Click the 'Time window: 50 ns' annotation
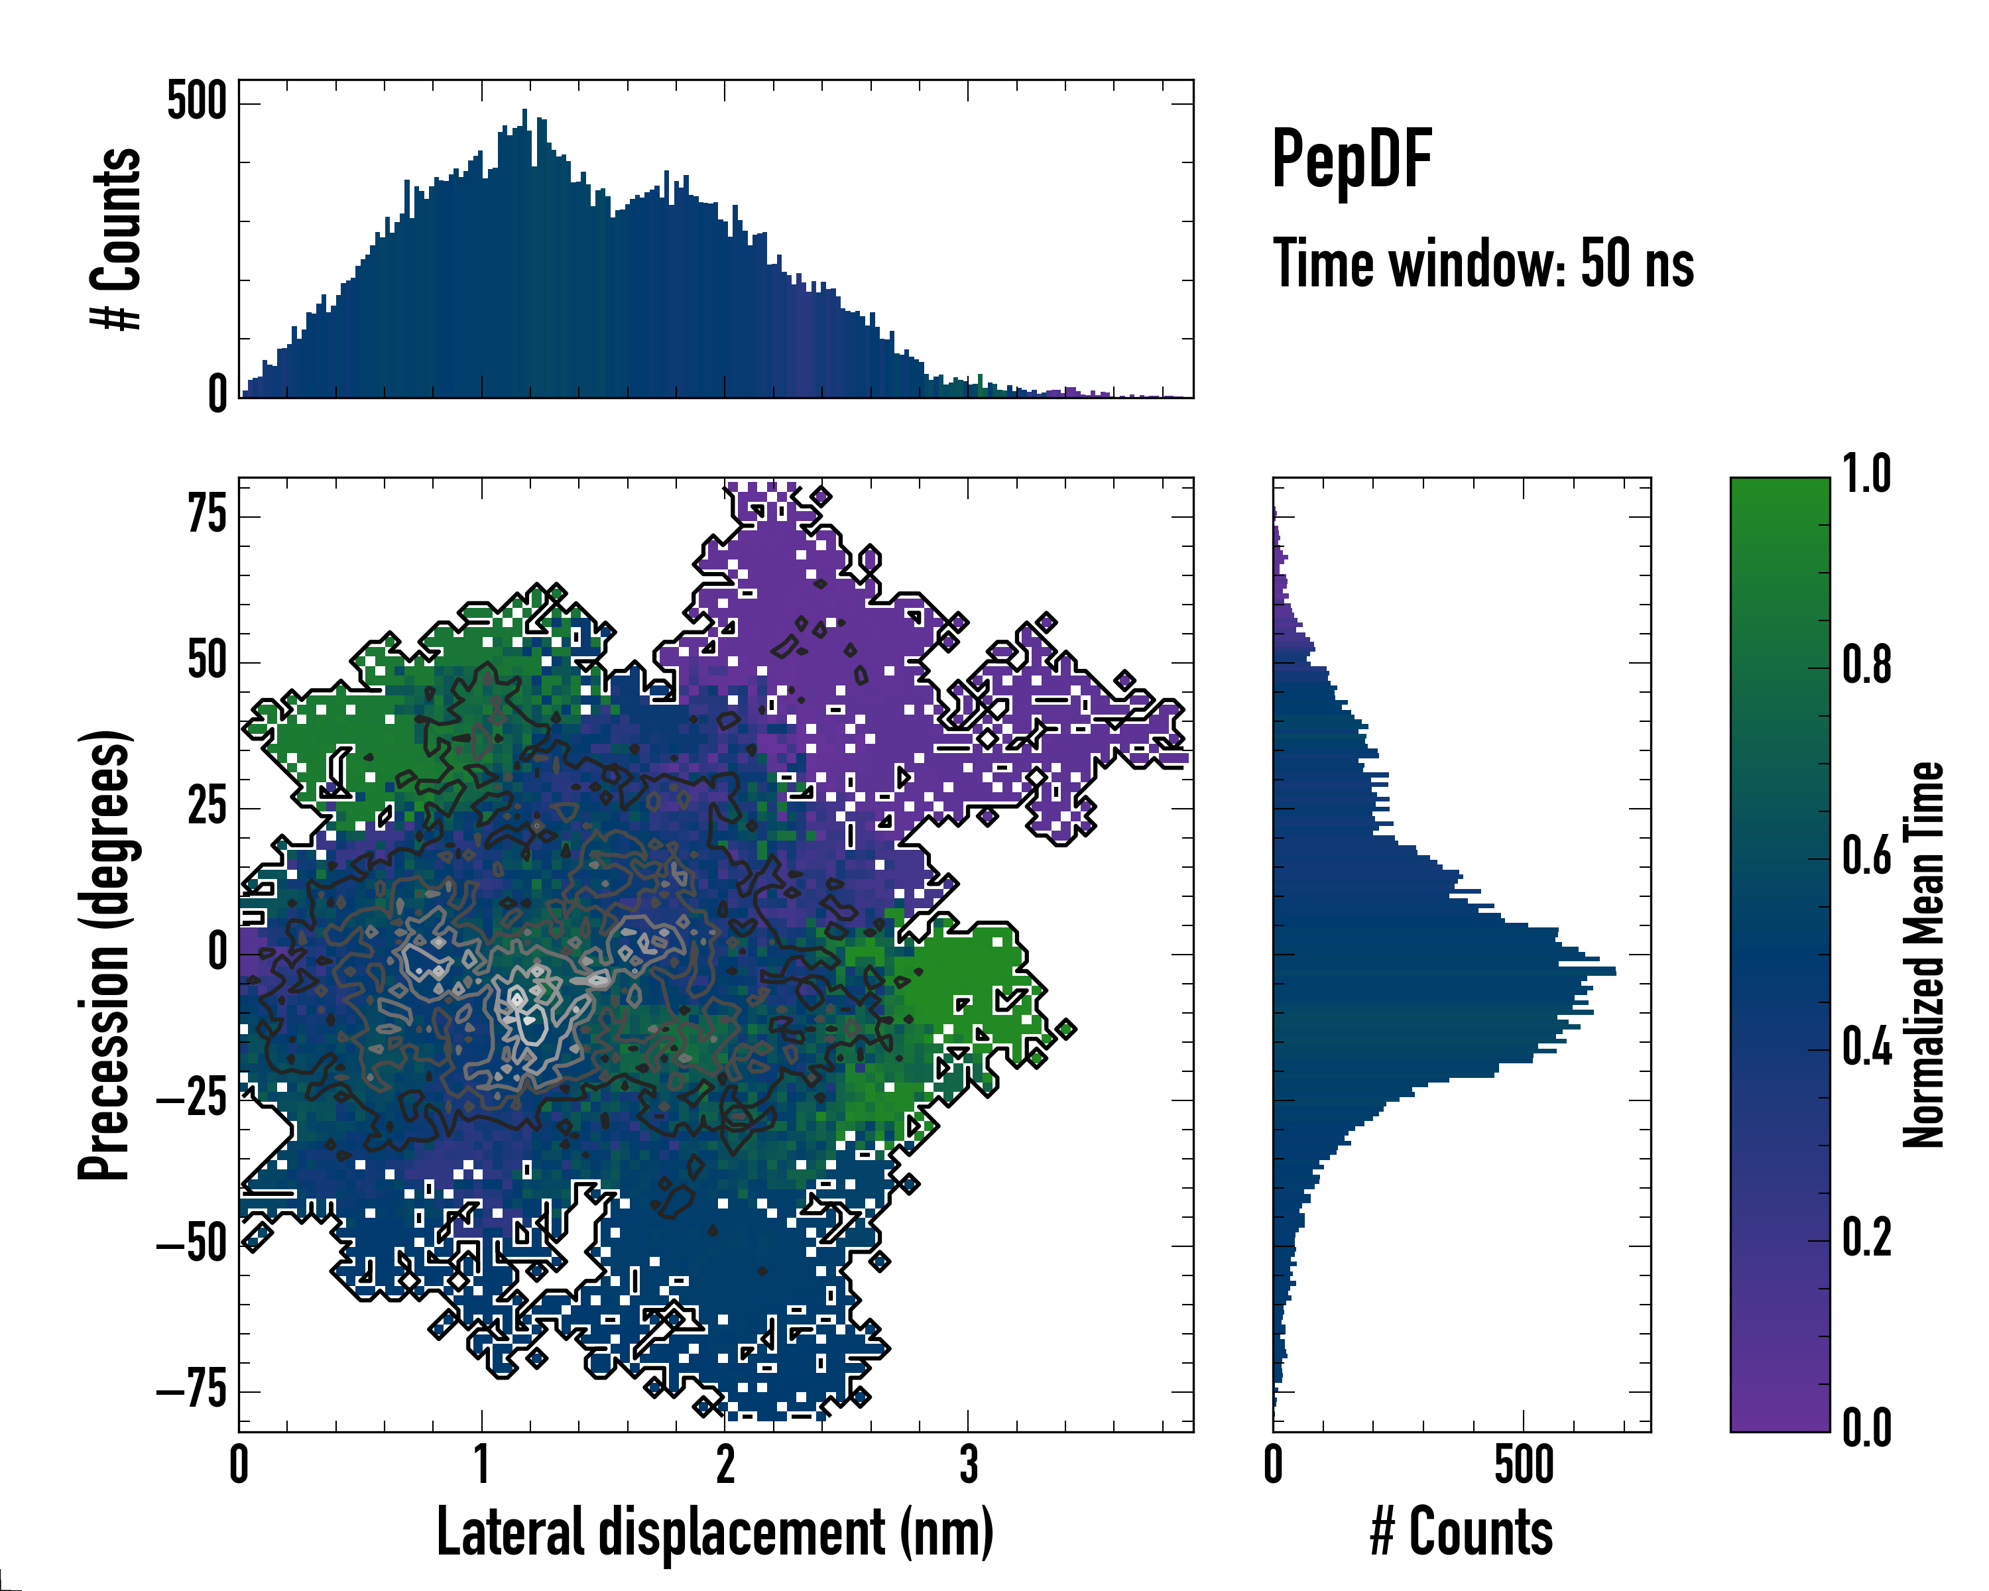tap(1482, 264)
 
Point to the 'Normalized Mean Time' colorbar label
tap(1923, 954)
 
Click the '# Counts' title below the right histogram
tap(1461, 1532)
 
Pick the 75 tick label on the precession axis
tap(207, 514)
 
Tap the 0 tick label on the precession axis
tap(217, 952)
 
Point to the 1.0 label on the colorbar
tap(1866, 475)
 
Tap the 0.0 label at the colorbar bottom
tap(1866, 1428)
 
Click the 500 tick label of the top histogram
tap(196, 101)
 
